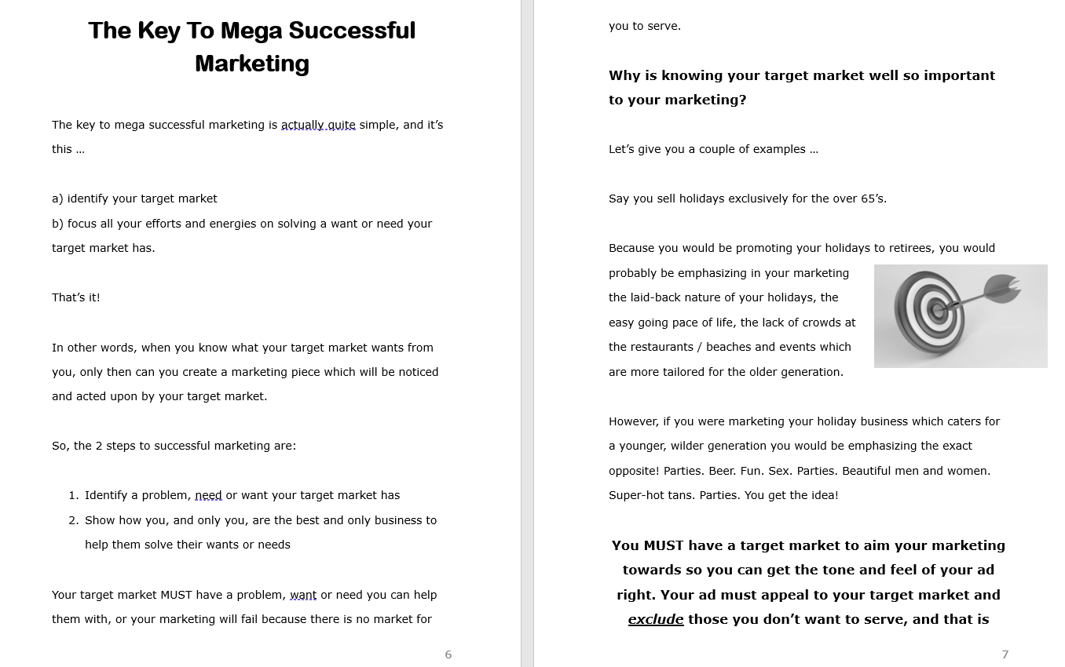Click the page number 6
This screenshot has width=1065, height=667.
tap(448, 654)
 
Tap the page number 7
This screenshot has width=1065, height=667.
tap(1005, 654)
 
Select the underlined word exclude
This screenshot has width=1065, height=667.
tap(656, 619)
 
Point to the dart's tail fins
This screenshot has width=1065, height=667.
tap(1003, 288)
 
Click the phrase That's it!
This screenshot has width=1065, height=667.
tap(76, 297)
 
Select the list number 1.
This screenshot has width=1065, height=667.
tap(73, 495)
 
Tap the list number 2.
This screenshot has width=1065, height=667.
tap(73, 520)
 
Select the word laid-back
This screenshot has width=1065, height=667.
tap(657, 297)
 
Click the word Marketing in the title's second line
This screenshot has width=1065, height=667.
tap(252, 64)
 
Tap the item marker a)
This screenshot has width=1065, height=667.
tap(57, 199)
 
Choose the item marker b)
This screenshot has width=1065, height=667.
tap(57, 224)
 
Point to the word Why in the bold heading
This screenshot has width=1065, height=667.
tap(624, 75)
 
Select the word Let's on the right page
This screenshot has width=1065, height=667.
tap(621, 149)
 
